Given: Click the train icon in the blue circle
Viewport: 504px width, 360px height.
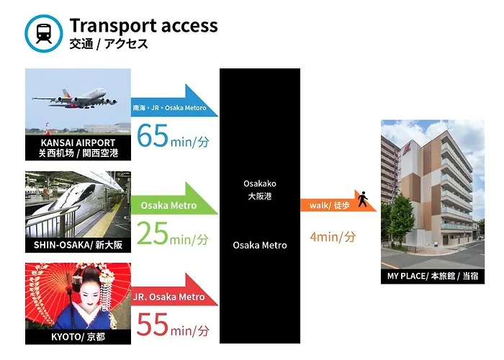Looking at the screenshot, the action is (x=44, y=33).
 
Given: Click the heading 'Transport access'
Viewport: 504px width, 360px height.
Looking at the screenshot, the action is (x=144, y=26).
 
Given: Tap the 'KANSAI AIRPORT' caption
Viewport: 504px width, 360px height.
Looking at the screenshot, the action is (x=78, y=143).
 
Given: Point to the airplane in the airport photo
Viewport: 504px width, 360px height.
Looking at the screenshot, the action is (x=75, y=99).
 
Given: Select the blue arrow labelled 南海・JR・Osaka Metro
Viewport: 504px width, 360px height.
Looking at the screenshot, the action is (x=174, y=101).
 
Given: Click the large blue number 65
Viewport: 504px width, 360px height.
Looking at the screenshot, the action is (x=153, y=135).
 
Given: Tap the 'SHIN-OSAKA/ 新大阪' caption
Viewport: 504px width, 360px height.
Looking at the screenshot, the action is (x=78, y=245).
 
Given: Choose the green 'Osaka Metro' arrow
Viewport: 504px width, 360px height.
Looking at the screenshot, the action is (x=174, y=198).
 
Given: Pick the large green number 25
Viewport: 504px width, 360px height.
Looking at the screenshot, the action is (x=153, y=233).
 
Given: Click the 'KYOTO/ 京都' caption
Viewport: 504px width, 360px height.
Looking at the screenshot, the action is (x=78, y=337).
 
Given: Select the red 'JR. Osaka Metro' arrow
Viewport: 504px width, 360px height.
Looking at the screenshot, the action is (x=174, y=289).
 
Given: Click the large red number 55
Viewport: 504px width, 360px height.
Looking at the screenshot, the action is (x=153, y=325).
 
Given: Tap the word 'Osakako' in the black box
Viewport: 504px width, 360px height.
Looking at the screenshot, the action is (x=260, y=184).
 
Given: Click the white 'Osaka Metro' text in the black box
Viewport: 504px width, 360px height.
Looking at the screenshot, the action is (x=260, y=246).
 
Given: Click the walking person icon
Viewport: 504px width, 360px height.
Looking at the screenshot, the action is (x=363, y=199).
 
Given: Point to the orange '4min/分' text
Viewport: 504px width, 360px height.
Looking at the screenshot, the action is (x=333, y=237).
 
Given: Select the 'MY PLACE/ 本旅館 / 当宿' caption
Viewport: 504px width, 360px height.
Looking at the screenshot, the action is (x=433, y=276).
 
